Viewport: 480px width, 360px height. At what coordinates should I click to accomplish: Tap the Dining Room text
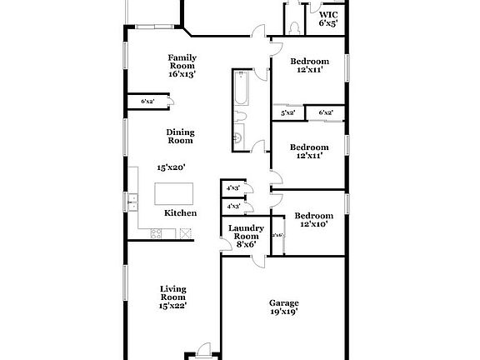[180, 136]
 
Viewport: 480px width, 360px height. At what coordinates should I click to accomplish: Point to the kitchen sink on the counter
[132, 200]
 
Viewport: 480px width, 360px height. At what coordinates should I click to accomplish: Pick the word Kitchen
[180, 213]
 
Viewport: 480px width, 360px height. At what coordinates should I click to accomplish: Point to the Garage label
[283, 302]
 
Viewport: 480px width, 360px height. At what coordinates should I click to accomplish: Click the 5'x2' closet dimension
[288, 112]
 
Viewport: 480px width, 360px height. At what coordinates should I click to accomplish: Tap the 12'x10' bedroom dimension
[317, 224]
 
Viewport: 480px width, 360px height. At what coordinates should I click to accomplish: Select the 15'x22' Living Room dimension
[172, 305]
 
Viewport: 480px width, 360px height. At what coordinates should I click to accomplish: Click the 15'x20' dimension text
[171, 167]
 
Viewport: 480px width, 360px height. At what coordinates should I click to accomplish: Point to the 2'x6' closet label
[278, 236]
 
